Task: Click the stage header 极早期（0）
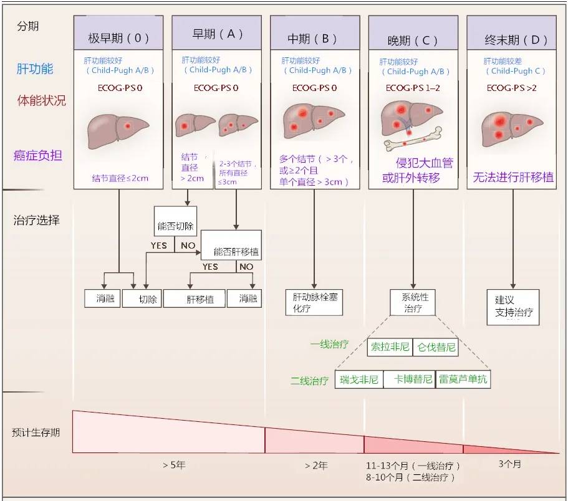click(x=118, y=37)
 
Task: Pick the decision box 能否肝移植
click(x=236, y=252)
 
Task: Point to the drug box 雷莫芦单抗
click(x=463, y=379)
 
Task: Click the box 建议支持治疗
click(x=513, y=306)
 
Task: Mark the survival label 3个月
click(x=510, y=464)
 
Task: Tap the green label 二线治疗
click(x=309, y=380)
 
